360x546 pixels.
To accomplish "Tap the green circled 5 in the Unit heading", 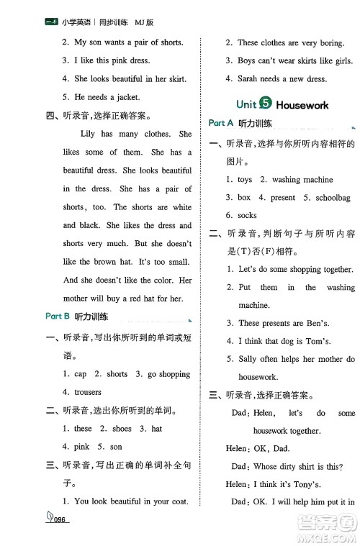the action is [265, 104].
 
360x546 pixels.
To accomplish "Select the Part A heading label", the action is [221, 123].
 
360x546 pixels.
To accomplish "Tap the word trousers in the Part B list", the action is [87, 392].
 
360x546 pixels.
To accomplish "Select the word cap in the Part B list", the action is [81, 374].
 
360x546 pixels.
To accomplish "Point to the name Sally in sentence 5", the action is [249, 358].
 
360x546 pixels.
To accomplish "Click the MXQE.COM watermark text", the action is [328, 534].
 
